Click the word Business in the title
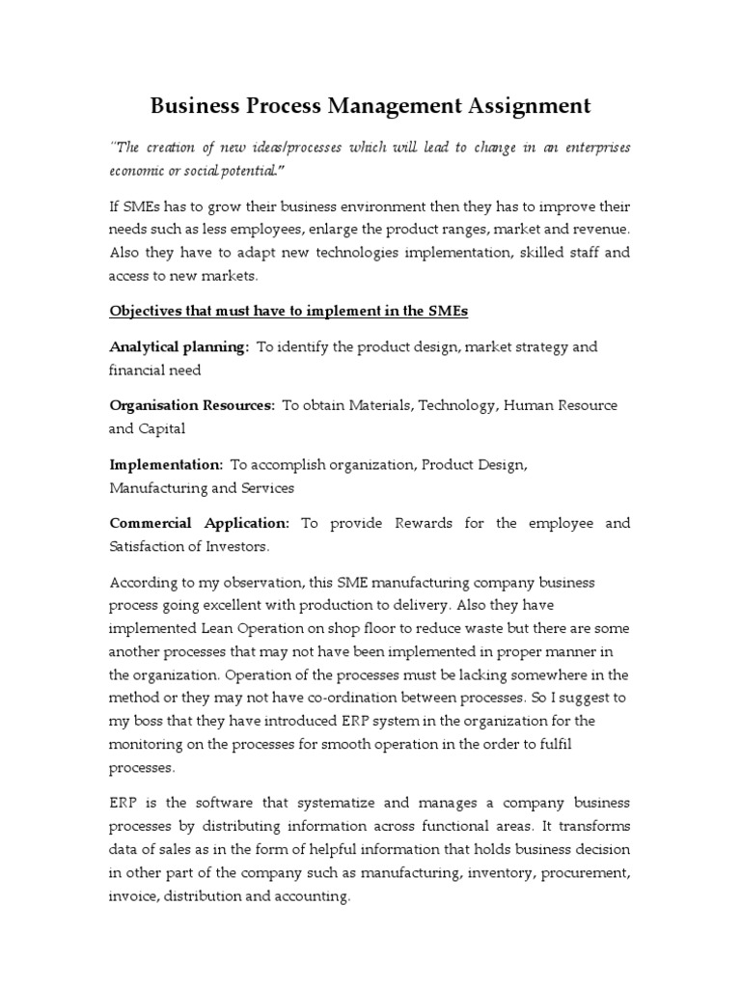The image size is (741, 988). [x=198, y=105]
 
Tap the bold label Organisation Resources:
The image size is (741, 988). [x=192, y=405]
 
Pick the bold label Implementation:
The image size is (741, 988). [x=166, y=465]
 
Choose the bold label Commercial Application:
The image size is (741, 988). [x=200, y=524]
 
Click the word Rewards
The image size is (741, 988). [x=425, y=524]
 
